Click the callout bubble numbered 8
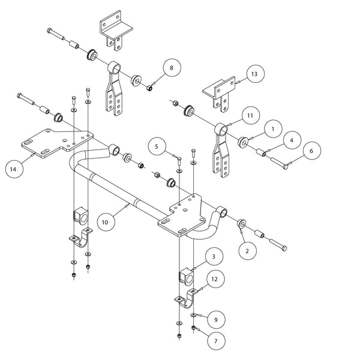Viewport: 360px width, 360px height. point(171,68)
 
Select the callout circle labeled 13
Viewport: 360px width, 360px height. point(254,74)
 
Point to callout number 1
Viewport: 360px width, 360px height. point(272,128)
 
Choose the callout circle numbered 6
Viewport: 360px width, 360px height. point(310,152)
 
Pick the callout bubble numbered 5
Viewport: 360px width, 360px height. point(156,146)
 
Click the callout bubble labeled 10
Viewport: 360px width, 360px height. point(104,222)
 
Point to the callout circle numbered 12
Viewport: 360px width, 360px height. point(214,278)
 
